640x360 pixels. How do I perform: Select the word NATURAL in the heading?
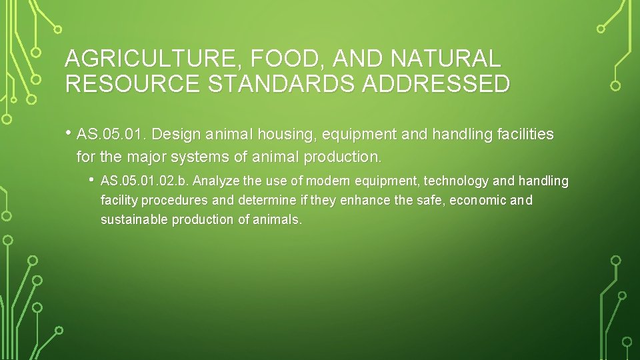445,59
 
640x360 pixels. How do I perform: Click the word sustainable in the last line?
134,219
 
